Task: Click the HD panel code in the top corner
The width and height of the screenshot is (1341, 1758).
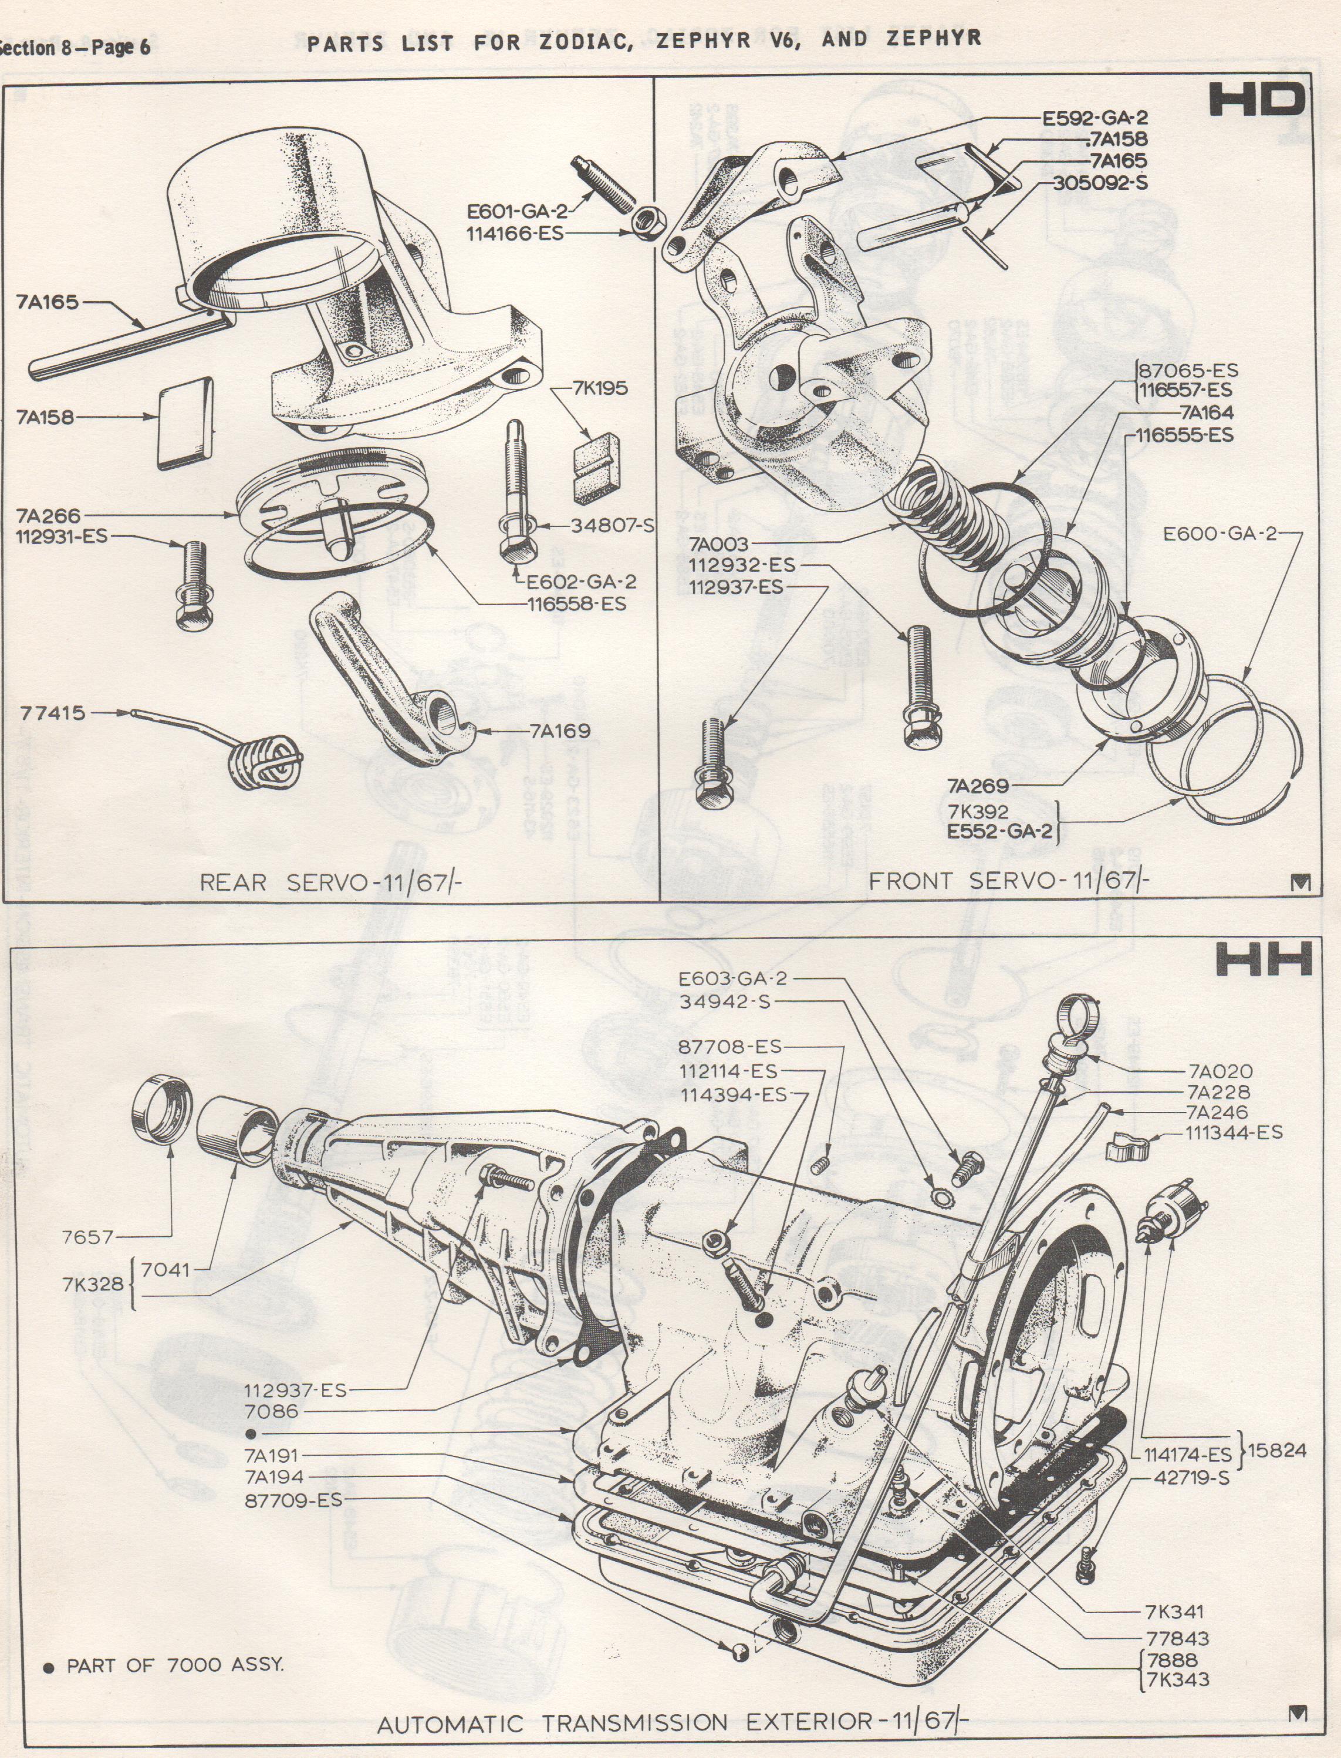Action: point(1257,102)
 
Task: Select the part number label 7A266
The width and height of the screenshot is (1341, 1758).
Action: point(48,516)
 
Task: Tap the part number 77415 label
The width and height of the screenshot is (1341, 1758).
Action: point(53,712)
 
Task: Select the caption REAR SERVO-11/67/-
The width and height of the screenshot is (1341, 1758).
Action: point(330,882)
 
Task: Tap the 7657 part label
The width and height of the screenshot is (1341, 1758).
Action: point(88,1237)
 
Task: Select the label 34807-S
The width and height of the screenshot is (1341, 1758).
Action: point(612,525)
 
